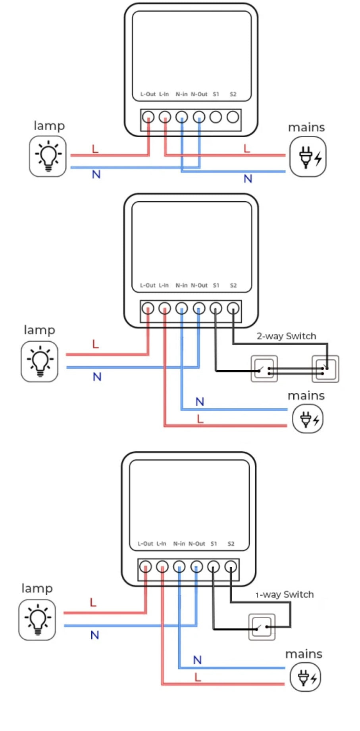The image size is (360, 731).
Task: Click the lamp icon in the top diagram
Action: coord(48,156)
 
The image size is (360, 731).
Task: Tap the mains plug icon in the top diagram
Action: coord(308,157)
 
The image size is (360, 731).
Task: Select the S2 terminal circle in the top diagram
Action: coord(233,117)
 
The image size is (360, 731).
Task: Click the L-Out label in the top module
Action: coord(148,94)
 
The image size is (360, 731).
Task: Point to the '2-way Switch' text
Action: coord(286,336)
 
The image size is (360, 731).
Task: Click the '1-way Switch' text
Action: coord(285,594)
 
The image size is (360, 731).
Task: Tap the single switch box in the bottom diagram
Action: coord(262,627)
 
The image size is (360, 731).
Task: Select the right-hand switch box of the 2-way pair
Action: coord(325,369)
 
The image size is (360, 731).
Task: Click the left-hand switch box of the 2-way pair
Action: coord(264,369)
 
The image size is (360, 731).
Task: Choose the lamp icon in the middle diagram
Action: coord(39,362)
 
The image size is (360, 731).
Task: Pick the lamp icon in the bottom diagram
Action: coord(37,620)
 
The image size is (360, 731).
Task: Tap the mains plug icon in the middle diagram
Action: coord(308,419)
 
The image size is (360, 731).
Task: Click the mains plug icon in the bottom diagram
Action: coord(305,677)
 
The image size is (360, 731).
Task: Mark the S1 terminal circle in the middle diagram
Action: coord(216,308)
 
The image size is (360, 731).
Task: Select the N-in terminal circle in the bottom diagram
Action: coord(179,567)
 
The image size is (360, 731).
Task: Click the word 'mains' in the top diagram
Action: coord(306,127)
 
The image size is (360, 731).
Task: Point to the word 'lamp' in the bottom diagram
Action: coord(37,588)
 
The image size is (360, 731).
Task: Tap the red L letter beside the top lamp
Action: coord(95,149)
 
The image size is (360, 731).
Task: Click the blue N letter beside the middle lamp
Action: coord(97,377)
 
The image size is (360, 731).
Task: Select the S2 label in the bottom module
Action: coord(231,544)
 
